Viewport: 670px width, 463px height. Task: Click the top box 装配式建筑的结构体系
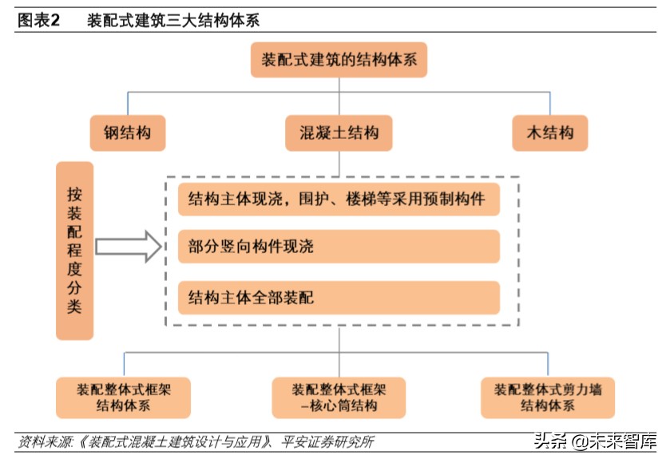click(339, 60)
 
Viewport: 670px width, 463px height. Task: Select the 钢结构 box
click(128, 133)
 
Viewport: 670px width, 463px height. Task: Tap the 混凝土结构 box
click(339, 133)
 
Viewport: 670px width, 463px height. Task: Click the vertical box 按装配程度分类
click(74, 251)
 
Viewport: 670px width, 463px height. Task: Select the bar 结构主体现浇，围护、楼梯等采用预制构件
click(339, 199)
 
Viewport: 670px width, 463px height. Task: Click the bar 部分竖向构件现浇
click(339, 247)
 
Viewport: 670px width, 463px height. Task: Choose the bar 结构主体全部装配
click(339, 298)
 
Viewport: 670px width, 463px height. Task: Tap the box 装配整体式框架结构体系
click(124, 398)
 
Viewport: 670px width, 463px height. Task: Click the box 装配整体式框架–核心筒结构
click(339, 398)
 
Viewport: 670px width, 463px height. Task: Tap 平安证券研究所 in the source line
click(327, 441)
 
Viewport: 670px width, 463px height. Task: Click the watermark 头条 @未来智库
click(595, 441)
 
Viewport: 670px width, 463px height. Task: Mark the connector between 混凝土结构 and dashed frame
click(339, 164)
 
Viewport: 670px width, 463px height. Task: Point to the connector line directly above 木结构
click(549, 104)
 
